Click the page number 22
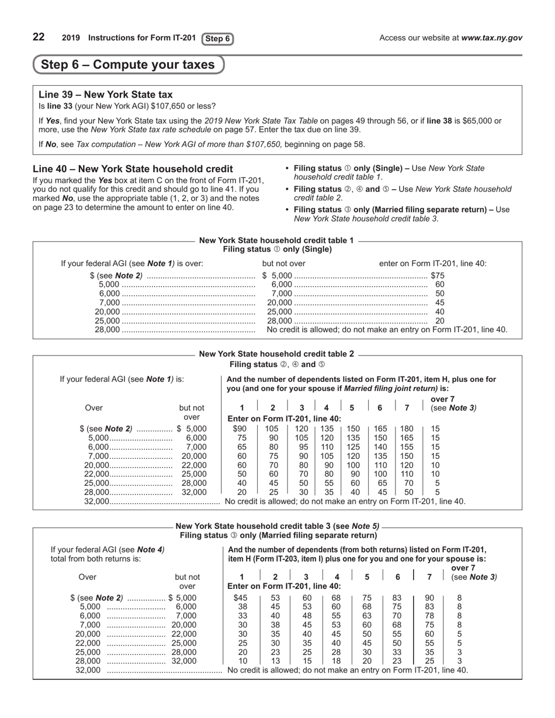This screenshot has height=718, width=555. point(39,37)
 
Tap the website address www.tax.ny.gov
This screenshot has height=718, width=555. point(491,38)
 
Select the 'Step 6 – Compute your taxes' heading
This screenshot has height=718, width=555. point(128,65)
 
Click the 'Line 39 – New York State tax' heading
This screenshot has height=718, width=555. point(106,95)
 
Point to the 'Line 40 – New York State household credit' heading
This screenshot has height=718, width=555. point(133,169)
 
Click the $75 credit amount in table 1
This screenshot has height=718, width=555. point(438,276)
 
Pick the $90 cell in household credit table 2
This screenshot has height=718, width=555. point(240,428)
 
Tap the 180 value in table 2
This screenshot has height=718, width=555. point(407,428)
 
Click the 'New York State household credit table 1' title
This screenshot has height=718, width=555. point(276,240)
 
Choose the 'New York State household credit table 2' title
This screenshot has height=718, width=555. point(276,354)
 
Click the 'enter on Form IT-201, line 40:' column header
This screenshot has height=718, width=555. point(433,263)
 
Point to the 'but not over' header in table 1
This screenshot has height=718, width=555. point(284,263)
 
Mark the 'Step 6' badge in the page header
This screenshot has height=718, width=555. point(218,39)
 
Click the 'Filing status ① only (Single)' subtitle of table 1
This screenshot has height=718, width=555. point(277,249)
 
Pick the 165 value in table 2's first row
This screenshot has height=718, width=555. point(380,428)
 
